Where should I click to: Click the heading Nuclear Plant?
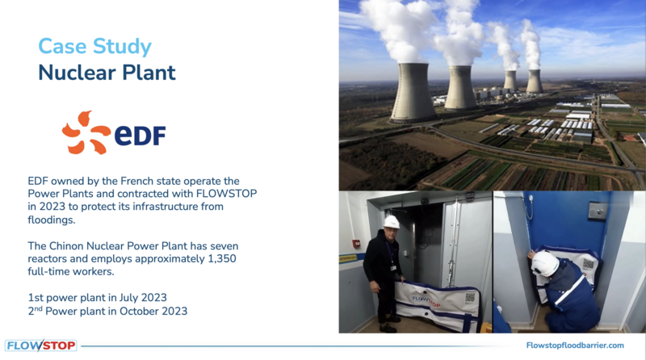[x=107, y=73]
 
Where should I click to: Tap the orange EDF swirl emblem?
[x=86, y=132]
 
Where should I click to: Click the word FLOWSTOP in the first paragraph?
[x=226, y=194]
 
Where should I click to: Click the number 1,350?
[x=222, y=258]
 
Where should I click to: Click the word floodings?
[x=52, y=220]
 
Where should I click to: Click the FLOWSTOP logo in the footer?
[x=41, y=345]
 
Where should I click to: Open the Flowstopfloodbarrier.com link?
[x=575, y=345]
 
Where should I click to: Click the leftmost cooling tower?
[x=413, y=93]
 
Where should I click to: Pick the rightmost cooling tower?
[x=535, y=82]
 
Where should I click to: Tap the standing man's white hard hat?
[x=391, y=222]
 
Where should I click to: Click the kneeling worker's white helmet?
[x=544, y=263]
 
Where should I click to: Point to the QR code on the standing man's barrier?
[x=470, y=298]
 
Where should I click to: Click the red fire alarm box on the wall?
[x=356, y=244]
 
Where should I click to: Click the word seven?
[x=224, y=246]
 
